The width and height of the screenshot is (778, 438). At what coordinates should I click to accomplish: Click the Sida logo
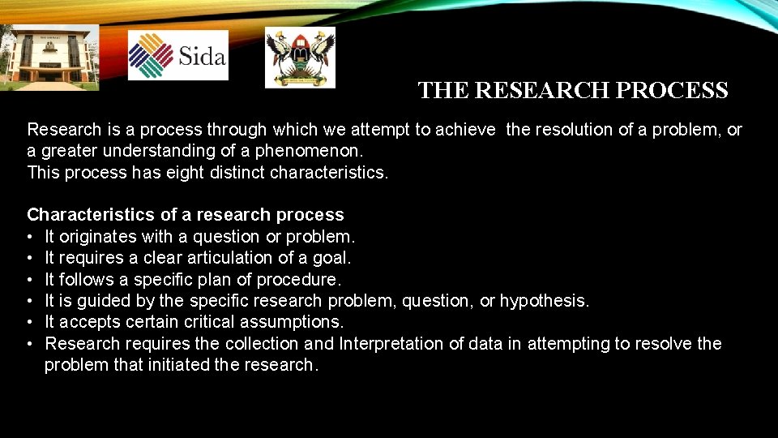pyautogui.click(x=178, y=55)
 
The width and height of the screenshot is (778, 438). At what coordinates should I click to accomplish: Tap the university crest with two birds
pyautogui.click(x=300, y=57)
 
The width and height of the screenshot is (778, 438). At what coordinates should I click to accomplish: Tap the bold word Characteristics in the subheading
pyautogui.click(x=91, y=215)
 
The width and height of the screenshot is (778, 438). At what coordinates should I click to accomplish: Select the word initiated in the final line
pyautogui.click(x=176, y=365)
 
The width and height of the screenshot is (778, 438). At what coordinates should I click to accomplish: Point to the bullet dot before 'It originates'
pyautogui.click(x=31, y=237)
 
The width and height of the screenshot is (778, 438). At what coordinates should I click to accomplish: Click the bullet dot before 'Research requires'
pyautogui.click(x=31, y=344)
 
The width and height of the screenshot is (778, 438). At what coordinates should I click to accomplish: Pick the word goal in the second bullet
pyautogui.click(x=332, y=258)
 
